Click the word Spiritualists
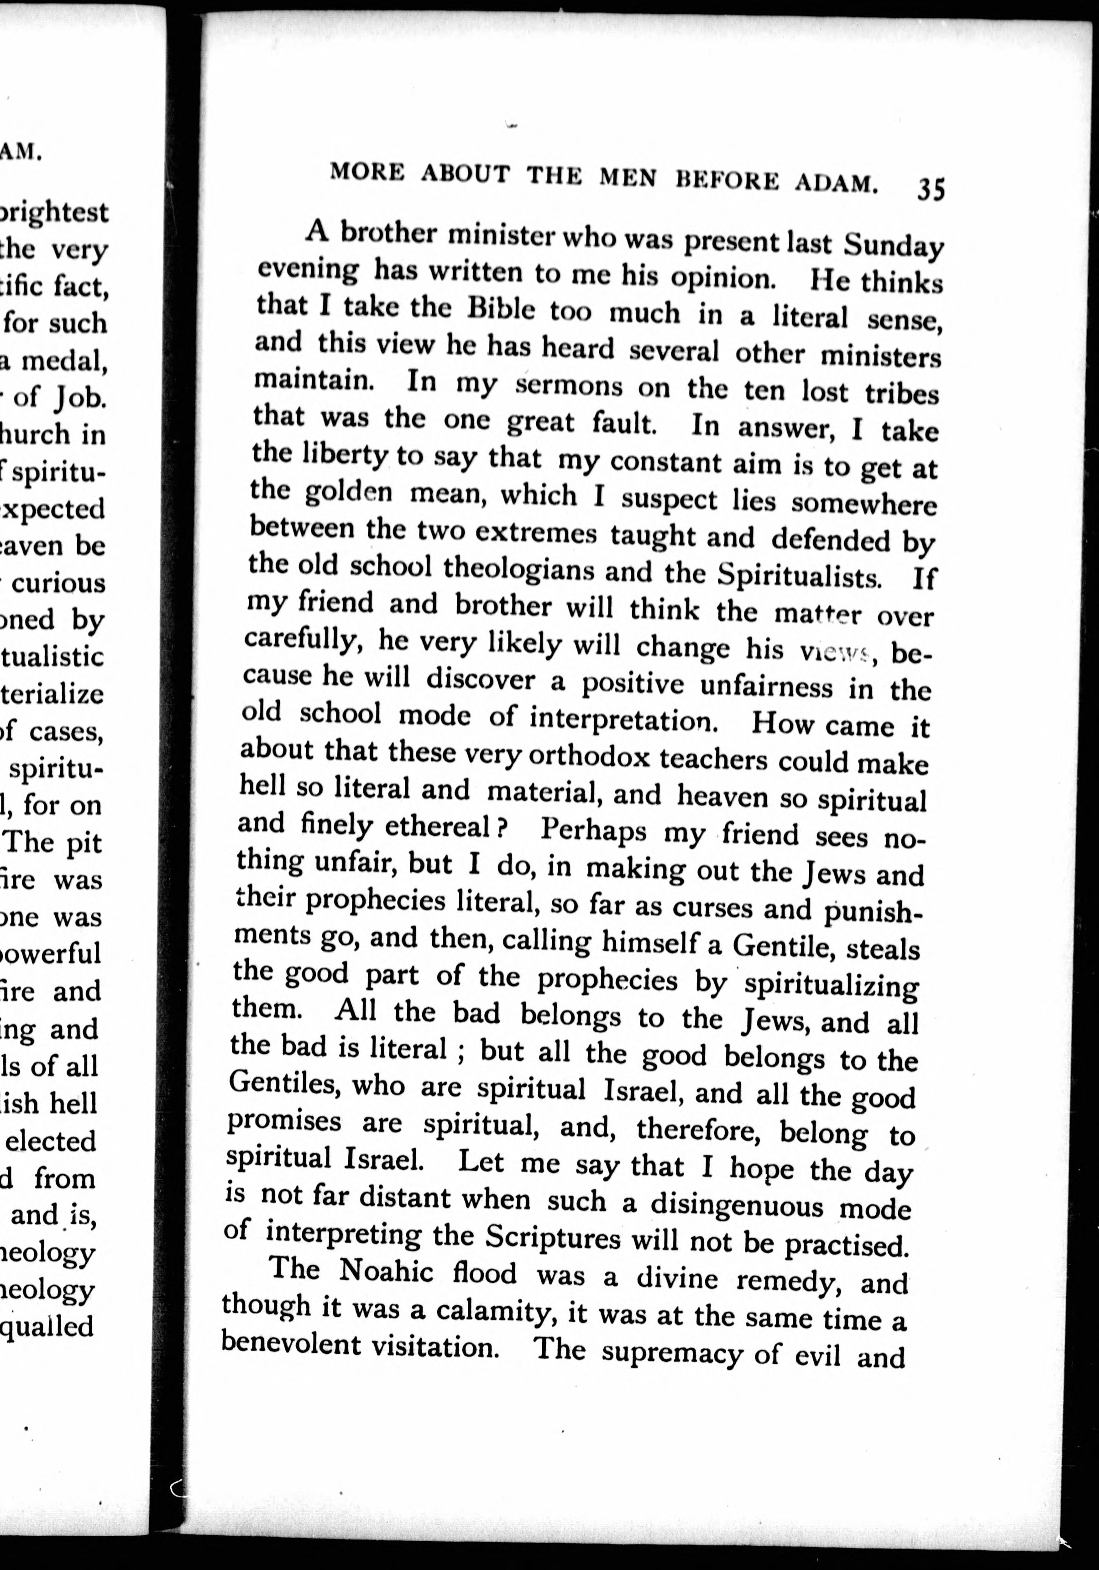coord(799,576)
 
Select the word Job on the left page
coord(80,398)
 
